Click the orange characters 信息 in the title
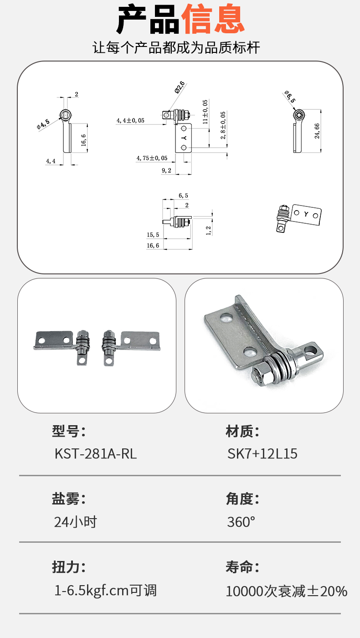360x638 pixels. pos(213,19)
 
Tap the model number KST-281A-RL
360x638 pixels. pos(96,453)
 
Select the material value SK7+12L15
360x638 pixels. pos(262,453)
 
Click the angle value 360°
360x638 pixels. pos(241,522)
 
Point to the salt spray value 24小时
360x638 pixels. pos(76,522)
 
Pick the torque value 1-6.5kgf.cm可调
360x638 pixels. pos(105,590)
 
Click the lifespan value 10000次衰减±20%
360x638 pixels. pos(287,591)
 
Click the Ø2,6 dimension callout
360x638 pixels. pos(180,87)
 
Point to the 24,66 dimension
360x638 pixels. pos(317,131)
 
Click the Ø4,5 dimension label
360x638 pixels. pos(43,124)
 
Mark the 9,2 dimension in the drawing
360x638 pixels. pos(166,170)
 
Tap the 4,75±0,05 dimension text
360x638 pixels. pos(152,158)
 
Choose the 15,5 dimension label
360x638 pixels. pos(153,235)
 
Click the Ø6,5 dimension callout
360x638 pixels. pos(290,97)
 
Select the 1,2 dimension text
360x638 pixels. pos(209,231)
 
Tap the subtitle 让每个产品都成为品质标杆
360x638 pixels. pos(176,47)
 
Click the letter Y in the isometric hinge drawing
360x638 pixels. pos(306,214)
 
